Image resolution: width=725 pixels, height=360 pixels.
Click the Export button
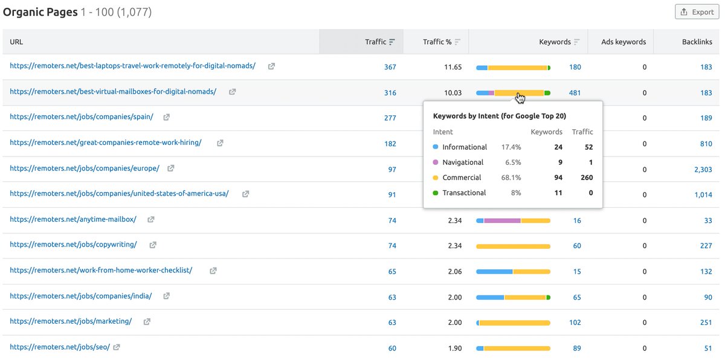coord(697,12)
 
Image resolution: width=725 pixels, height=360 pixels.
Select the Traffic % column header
coord(437,42)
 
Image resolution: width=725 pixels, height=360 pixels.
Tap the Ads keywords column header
coord(623,42)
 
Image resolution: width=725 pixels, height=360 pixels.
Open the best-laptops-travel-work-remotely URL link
coord(132,66)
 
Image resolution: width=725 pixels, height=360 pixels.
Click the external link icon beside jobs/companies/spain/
coord(167,117)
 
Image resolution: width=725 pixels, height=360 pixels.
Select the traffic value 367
coord(390,67)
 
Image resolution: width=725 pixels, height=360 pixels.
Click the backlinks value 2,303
coord(703,170)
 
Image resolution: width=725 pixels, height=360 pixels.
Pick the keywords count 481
coord(575,93)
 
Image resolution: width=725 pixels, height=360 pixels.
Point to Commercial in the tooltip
coord(462,178)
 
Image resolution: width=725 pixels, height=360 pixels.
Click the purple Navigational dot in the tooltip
coord(436,162)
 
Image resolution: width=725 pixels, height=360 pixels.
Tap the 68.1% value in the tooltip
coord(511,178)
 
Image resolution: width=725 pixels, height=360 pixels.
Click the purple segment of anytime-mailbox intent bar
coord(502,221)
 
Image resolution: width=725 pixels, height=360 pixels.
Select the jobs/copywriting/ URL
coord(73,245)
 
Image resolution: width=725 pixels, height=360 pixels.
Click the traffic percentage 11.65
coord(453,67)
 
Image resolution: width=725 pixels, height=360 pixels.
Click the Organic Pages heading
coord(40,11)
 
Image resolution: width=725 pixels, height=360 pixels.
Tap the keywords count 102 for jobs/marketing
coord(575,323)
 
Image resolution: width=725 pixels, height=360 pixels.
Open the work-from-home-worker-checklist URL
coord(101,270)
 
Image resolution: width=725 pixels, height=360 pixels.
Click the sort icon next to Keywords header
coord(577,42)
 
